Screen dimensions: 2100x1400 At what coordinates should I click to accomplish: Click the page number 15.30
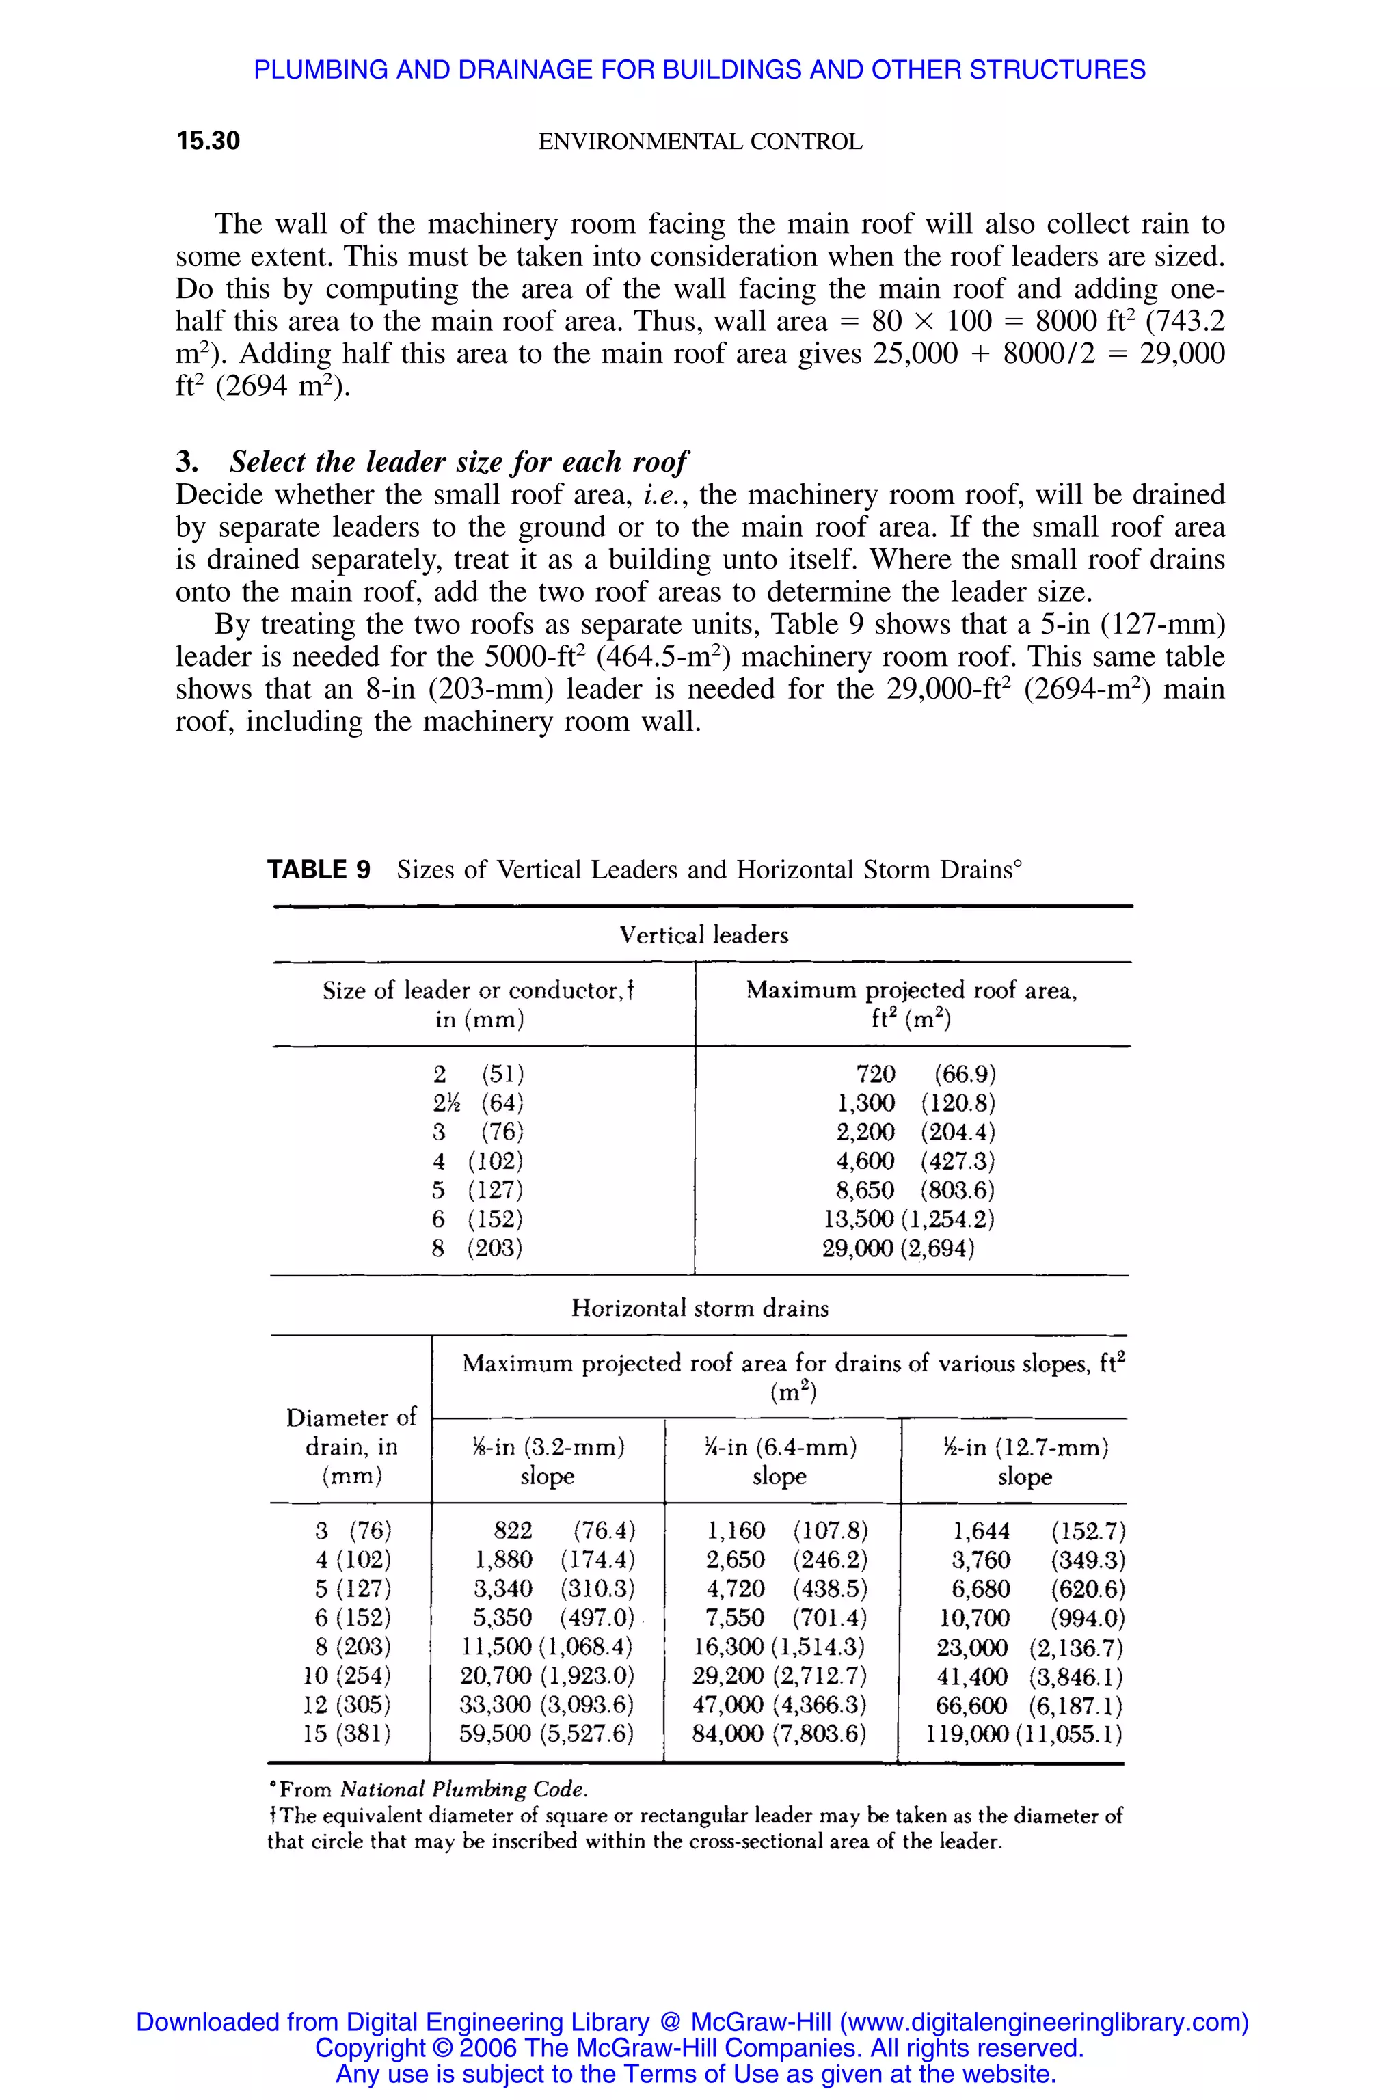[x=208, y=141]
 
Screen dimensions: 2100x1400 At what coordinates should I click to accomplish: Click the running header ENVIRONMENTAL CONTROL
[x=700, y=142]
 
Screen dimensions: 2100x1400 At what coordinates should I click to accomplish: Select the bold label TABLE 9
[x=319, y=870]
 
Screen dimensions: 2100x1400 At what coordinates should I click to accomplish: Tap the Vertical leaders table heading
[x=703, y=935]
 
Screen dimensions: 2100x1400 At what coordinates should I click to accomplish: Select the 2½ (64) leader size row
[x=479, y=1103]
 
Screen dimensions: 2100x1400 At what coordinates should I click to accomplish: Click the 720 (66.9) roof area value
[x=924, y=1073]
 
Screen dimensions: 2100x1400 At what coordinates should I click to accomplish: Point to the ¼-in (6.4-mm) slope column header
[x=779, y=1462]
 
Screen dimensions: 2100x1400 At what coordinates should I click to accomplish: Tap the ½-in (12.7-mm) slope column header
[x=1024, y=1462]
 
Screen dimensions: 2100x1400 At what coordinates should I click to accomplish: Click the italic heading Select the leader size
[x=458, y=461]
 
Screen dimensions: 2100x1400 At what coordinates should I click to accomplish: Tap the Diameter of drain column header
[x=351, y=1446]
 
